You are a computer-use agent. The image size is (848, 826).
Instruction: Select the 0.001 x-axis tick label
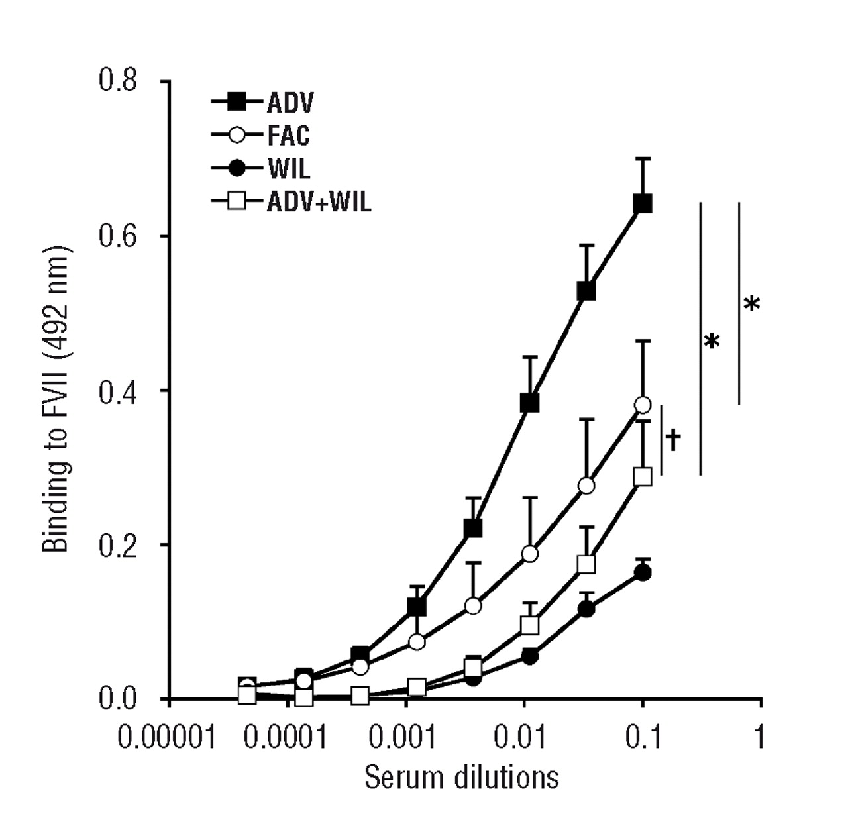tap(403, 736)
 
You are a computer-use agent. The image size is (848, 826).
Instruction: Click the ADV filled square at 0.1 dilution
tap(642, 203)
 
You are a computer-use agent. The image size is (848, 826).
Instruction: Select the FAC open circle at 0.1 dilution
tap(642, 405)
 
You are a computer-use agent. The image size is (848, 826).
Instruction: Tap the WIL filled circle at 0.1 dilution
tap(642, 573)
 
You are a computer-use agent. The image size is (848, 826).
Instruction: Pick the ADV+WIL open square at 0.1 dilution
tap(642, 476)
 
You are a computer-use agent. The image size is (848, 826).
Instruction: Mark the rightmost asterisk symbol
tap(751, 304)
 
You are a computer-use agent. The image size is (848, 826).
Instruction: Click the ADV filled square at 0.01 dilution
tap(529, 403)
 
